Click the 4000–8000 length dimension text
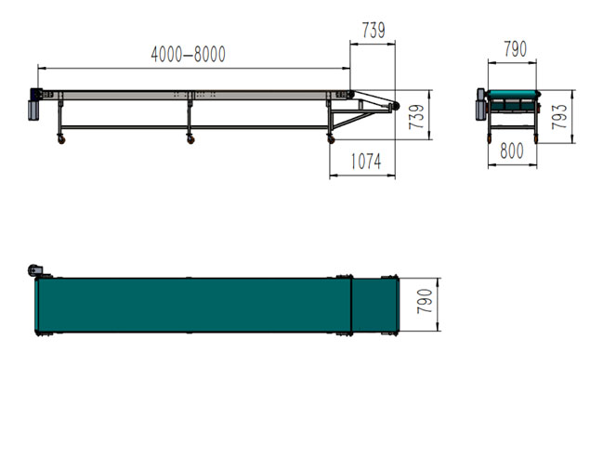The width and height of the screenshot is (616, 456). pos(188,55)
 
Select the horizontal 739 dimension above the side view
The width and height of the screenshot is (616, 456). pos(373,32)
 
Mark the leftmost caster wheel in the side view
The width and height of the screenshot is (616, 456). pos(62,139)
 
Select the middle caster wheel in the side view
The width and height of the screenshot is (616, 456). pos(191,139)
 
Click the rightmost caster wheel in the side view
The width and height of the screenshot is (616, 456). pos(331,139)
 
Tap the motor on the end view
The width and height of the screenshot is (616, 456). pos(481,106)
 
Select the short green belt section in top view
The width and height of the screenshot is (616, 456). pos(374,306)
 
